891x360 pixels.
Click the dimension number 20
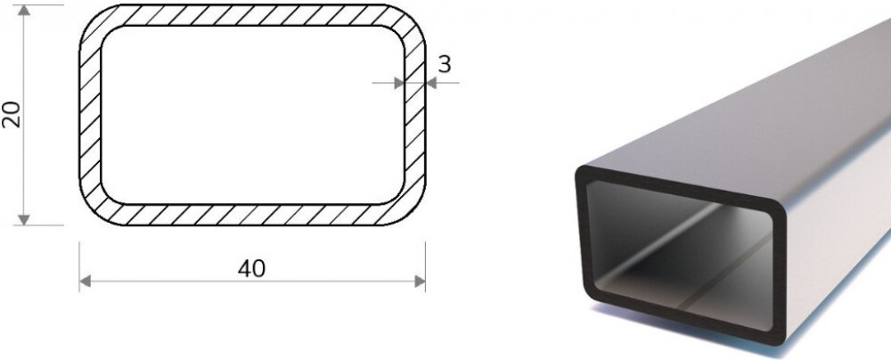(12, 114)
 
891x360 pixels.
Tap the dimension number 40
(252, 268)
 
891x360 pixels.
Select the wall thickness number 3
(445, 64)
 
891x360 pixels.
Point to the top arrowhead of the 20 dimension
(24, 10)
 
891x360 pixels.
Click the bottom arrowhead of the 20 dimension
(24, 219)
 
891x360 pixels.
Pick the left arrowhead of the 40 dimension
(86, 281)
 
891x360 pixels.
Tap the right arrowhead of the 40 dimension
(420, 281)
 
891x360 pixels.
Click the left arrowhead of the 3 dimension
(399, 83)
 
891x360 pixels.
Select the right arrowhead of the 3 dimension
(430, 83)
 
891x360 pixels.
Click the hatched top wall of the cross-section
(252, 15)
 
